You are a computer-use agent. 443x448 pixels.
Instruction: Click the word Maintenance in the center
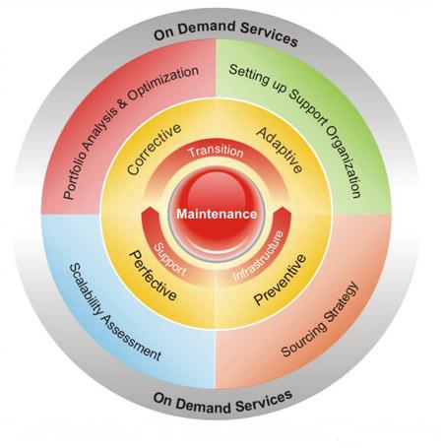coord(217,214)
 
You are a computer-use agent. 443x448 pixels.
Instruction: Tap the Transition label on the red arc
coord(217,152)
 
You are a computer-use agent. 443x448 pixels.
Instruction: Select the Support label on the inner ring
coord(170,260)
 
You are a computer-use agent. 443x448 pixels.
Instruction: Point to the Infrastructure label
coord(259,256)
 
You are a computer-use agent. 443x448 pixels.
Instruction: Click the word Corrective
coord(154,150)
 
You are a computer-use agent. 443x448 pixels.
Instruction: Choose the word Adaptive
coord(280,150)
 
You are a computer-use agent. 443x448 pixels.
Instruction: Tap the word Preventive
coord(281,280)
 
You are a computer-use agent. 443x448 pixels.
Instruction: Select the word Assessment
coord(132,339)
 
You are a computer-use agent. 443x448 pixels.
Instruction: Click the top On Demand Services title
coord(225,32)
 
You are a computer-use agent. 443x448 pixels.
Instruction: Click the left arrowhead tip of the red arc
coord(150,207)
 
